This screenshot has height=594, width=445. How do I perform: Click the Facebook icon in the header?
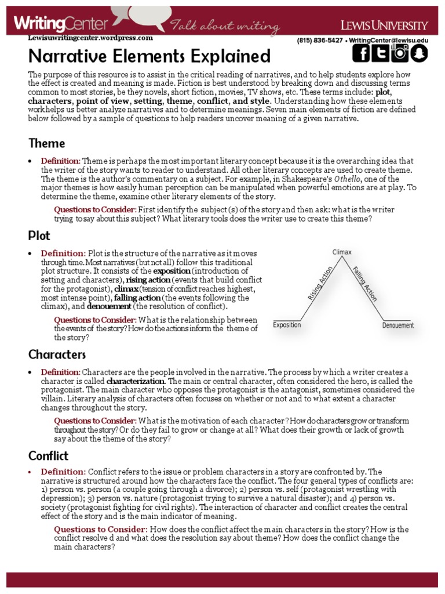[362, 53]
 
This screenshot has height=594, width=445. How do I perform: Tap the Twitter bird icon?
[380, 53]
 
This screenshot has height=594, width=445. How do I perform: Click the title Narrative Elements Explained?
[149, 56]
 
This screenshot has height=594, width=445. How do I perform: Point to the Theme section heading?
[46, 143]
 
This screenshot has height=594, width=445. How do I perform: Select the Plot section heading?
[39, 236]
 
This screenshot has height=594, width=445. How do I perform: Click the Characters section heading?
[57, 354]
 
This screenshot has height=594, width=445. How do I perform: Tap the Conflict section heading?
[49, 455]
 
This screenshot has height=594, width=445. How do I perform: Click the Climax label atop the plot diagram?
[342, 252]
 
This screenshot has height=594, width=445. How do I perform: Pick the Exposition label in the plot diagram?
[287, 325]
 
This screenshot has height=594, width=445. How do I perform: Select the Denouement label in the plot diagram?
[398, 325]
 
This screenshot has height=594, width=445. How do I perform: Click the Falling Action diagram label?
[365, 283]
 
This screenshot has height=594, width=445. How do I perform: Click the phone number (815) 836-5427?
[319, 40]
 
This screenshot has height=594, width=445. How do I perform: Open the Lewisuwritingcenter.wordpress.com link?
[90, 38]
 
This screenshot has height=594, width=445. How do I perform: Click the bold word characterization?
[136, 381]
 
